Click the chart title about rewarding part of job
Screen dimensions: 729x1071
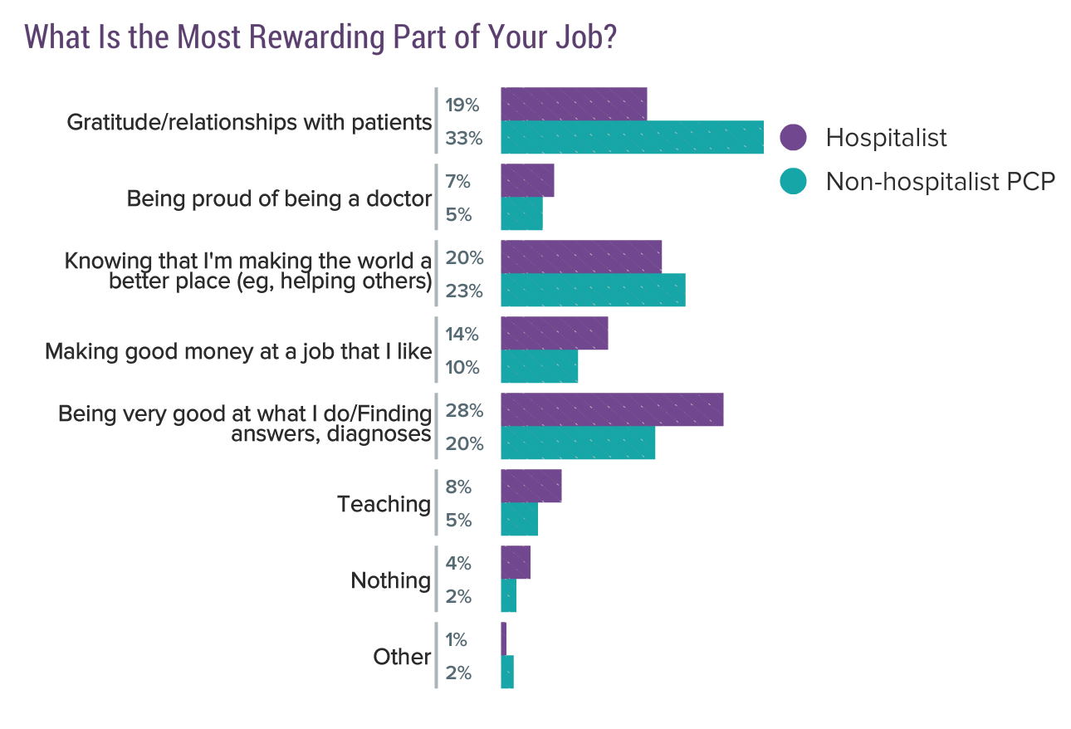[320, 37]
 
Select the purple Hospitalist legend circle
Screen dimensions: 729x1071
[794, 138]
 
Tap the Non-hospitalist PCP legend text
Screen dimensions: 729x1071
[940, 181]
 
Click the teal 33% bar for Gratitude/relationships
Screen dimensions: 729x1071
[632, 137]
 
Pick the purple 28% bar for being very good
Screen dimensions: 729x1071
[612, 410]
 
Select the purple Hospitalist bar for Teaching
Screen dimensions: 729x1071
[531, 486]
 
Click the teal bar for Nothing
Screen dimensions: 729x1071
[508, 595]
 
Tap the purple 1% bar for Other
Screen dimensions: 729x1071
[503, 638]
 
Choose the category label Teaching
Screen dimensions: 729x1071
[384, 504]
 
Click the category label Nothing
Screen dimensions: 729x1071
[390, 580]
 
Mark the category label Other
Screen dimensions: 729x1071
[402, 657]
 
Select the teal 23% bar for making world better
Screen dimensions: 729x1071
[593, 290]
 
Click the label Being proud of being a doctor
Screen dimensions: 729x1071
[279, 199]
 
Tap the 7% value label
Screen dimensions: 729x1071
[458, 182]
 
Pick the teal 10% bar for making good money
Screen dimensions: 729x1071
[539, 366]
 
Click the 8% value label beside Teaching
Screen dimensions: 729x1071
[458, 487]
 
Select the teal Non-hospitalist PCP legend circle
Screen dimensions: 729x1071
[794, 181]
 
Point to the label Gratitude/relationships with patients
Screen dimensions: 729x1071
[249, 123]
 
